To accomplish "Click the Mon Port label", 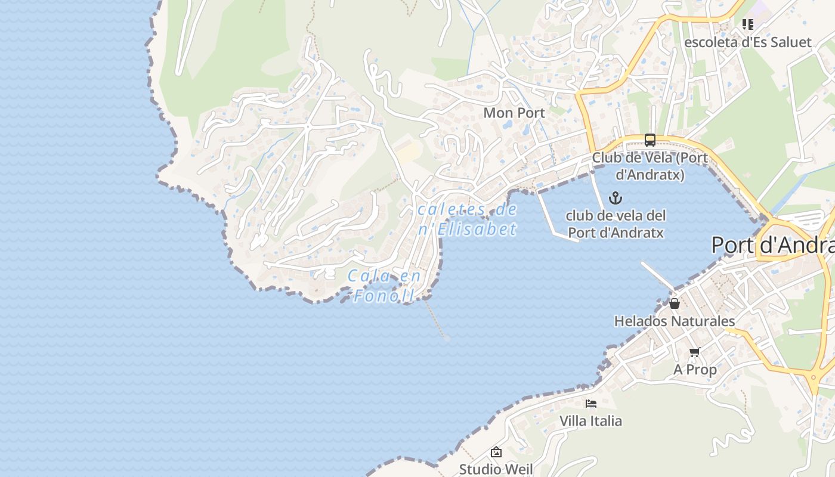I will [514, 113].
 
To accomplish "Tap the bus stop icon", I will [650, 140].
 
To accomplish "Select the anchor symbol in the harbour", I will [615, 198].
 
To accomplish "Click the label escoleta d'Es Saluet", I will [747, 42].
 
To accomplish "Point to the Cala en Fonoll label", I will [384, 286].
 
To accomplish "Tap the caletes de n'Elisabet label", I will [468, 219].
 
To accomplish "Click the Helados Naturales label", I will [675, 321].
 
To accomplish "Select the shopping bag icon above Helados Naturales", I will [675, 303].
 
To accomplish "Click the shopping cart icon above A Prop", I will [694, 352].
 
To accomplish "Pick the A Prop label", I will [695, 370].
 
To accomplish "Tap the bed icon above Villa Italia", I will [591, 404].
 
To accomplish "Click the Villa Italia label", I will [590, 421].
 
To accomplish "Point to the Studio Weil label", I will [496, 469].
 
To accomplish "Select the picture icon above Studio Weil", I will [496, 452].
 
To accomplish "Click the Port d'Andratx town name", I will [772, 245].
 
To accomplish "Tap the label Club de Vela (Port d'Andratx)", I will [650, 166].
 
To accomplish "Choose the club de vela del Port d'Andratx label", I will [616, 224].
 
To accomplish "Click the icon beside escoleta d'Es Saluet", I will [747, 24].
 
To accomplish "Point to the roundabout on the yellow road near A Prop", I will [814, 377].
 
